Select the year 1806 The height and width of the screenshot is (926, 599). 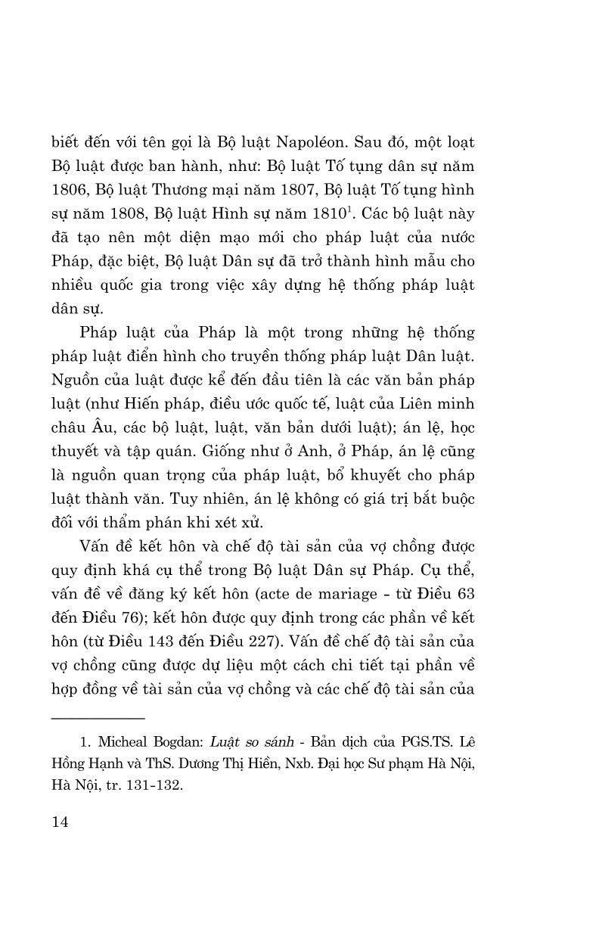pos(70,190)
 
